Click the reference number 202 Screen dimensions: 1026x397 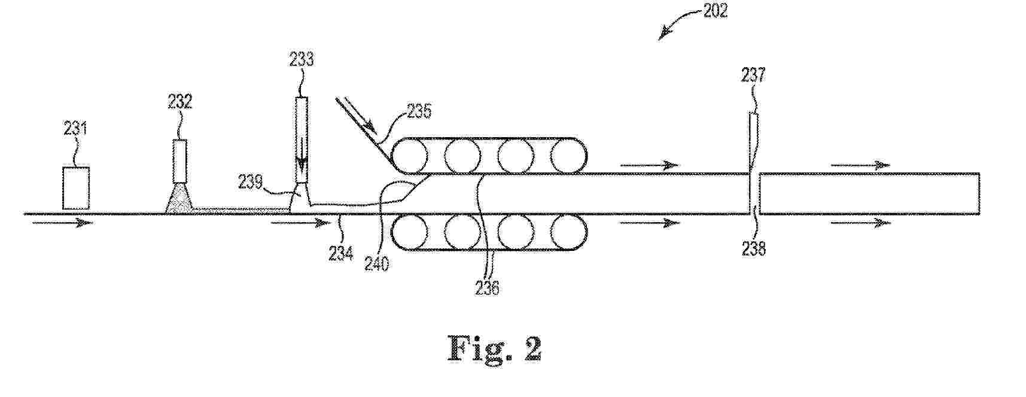pos(714,10)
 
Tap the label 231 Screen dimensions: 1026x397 pos(75,128)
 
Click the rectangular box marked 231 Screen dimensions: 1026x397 pos(76,188)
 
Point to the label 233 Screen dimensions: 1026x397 pos(302,59)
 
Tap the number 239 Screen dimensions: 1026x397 pos(250,181)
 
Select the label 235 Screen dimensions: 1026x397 pos(419,112)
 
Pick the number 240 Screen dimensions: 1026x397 pos(377,263)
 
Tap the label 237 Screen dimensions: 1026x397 pos(753,75)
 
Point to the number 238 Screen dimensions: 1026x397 pos(754,248)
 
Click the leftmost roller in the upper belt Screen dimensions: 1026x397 pos(410,156)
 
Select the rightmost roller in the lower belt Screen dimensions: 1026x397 pos(568,232)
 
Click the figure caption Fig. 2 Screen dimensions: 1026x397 pos(494,349)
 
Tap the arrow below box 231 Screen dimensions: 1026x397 pos(62,223)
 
